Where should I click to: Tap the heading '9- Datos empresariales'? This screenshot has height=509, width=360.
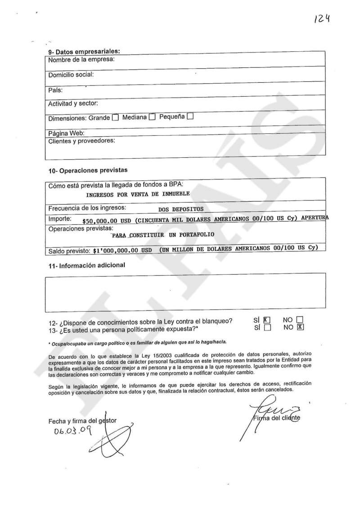click(84, 52)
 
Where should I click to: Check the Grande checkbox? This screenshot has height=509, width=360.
click(115, 118)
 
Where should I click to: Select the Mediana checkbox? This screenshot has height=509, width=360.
click(152, 117)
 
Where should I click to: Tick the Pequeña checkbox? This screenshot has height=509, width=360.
click(190, 117)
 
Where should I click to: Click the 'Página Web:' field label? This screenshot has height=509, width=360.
click(66, 133)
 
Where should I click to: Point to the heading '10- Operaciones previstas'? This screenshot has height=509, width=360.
click(88, 170)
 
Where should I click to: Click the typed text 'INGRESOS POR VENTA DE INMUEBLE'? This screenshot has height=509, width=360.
click(138, 194)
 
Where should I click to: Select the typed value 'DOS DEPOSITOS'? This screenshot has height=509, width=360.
click(181, 209)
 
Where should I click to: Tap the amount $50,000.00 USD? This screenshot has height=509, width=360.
click(108, 220)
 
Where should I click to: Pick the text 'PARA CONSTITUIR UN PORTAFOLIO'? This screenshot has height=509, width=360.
click(163, 235)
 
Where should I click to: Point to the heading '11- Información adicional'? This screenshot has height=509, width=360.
click(87, 265)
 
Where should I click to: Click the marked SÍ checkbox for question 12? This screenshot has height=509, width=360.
click(267, 321)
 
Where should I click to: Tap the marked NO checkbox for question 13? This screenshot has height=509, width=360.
click(301, 327)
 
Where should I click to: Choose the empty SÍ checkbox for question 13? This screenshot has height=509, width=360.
click(267, 328)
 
